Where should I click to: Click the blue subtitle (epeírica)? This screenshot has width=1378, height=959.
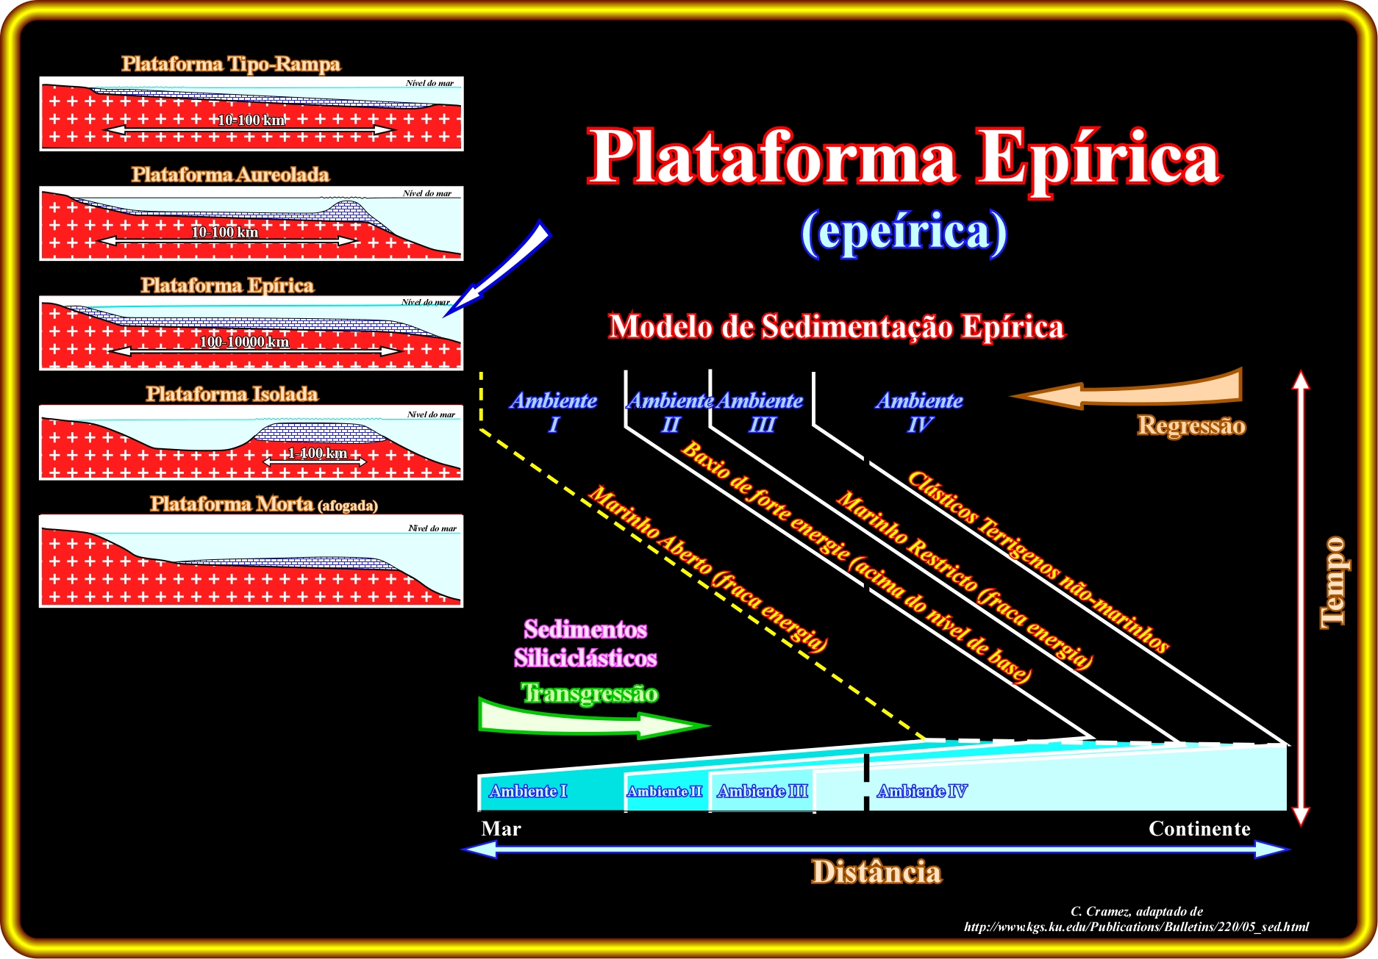(x=904, y=232)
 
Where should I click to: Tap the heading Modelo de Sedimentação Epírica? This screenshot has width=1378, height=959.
(x=837, y=327)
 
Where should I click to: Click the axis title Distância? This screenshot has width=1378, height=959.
(x=877, y=872)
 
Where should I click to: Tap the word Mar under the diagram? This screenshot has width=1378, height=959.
(x=501, y=829)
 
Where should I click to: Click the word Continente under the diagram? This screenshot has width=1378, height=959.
(x=1199, y=829)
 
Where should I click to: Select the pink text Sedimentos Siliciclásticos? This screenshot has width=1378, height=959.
(x=585, y=644)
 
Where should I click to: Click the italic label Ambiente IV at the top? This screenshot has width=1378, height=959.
(x=919, y=412)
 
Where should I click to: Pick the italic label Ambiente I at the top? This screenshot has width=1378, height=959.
(x=554, y=412)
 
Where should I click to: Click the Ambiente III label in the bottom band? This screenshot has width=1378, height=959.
(x=763, y=791)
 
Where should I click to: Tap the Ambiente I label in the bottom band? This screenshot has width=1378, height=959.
(x=528, y=791)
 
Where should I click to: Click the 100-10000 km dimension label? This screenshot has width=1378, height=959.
(x=244, y=342)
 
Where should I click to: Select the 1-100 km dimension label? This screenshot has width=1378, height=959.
(x=316, y=453)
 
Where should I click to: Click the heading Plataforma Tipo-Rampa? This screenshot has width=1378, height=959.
(x=231, y=64)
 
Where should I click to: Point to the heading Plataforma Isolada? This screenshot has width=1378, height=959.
(x=232, y=395)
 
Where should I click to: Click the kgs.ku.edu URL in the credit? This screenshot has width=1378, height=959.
(x=1136, y=927)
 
